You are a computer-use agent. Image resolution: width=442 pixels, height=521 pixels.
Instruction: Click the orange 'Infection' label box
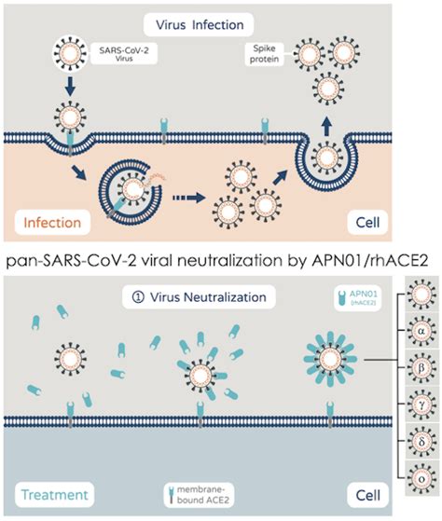[x=48, y=223]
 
